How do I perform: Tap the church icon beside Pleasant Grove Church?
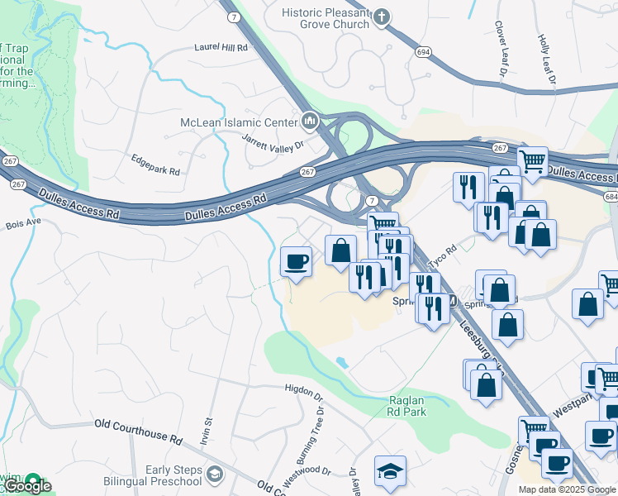tap(381, 16)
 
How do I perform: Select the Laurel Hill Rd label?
tap(221, 48)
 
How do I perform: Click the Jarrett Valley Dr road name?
tap(273, 141)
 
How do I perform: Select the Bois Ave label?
tap(23, 223)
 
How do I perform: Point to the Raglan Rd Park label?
tap(407, 405)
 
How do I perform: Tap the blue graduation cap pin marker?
tap(390, 471)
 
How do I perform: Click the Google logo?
tap(26, 487)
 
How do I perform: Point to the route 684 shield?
tap(611, 197)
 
